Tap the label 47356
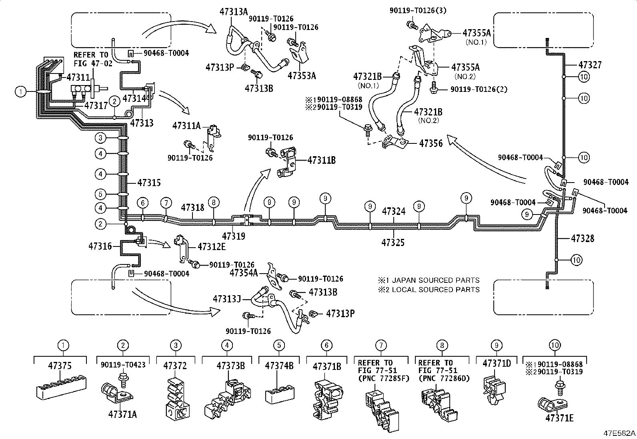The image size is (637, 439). pyautogui.click(x=431, y=143)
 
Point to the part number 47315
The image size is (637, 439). pyautogui.click(x=149, y=183)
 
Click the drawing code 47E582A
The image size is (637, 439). pyautogui.click(x=619, y=433)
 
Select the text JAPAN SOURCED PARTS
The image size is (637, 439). pyautogui.click(x=435, y=280)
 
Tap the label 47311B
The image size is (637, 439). pyautogui.click(x=321, y=161)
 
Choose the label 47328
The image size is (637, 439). pyautogui.click(x=583, y=238)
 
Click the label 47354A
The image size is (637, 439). pyautogui.click(x=244, y=273)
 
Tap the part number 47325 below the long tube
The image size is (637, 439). pyautogui.click(x=393, y=242)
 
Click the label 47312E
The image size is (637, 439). pyautogui.click(x=212, y=246)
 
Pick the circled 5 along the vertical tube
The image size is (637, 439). pyautogui.click(x=101, y=195)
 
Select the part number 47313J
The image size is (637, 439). pyautogui.click(x=227, y=299)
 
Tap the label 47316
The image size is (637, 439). pyautogui.click(x=100, y=246)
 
